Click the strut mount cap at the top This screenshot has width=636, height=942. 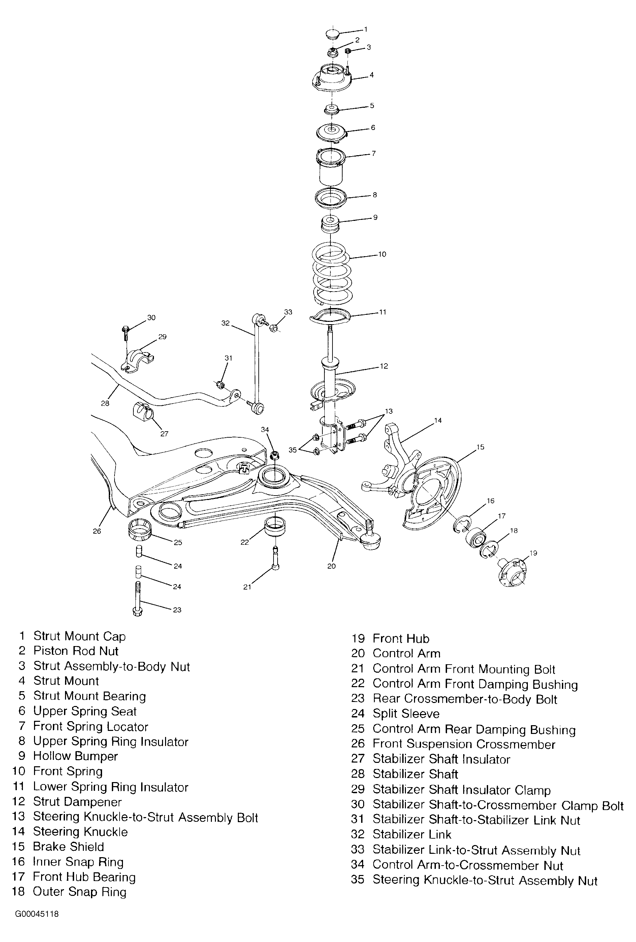point(332,34)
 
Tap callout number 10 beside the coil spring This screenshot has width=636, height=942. point(382,255)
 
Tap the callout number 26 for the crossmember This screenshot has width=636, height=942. point(97,531)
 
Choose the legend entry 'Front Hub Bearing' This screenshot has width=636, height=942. point(84,877)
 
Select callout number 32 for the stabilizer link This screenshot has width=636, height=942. point(225,323)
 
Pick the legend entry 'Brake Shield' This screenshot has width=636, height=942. point(68,847)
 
